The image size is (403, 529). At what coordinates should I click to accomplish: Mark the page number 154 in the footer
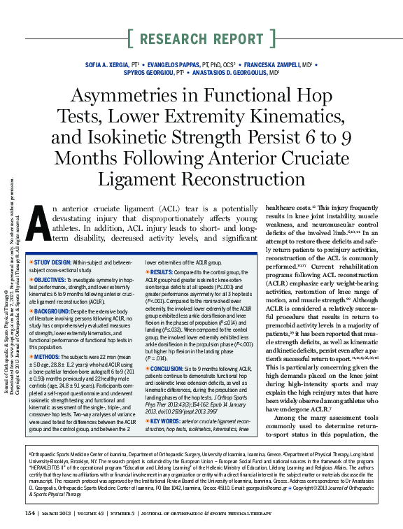point(30,513)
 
